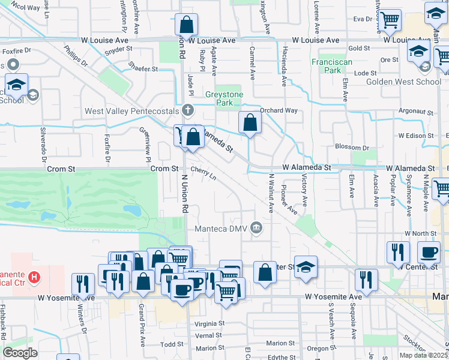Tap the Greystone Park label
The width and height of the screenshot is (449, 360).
(x=224, y=98)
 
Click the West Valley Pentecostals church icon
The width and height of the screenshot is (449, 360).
(x=188, y=110)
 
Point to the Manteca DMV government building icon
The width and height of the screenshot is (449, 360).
(x=257, y=227)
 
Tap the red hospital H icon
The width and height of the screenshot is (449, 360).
(x=35, y=278)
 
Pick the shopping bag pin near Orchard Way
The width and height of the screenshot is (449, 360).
(x=250, y=123)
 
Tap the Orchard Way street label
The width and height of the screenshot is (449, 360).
(x=279, y=110)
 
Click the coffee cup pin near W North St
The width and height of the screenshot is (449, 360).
(x=429, y=253)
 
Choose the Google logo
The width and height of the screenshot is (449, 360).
(x=20, y=352)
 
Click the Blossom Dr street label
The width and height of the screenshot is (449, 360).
(x=353, y=147)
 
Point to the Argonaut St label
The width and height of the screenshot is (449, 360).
(x=416, y=112)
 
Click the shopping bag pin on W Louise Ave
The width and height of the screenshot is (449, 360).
(x=187, y=25)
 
